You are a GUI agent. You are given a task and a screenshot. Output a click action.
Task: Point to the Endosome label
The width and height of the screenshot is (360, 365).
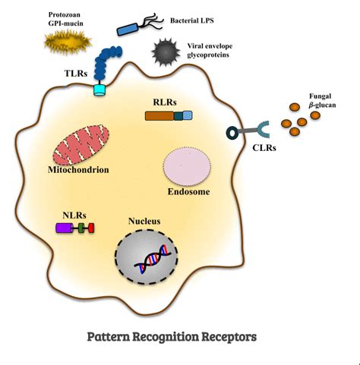188,192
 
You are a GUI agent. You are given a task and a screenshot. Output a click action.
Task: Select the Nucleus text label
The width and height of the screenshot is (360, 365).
144,222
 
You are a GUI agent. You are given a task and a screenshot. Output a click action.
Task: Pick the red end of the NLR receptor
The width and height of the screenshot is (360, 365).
91,228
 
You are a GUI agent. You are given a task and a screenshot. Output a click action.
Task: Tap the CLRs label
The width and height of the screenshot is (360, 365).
264,148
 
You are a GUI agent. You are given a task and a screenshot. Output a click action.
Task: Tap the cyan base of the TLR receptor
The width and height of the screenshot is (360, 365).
99,90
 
